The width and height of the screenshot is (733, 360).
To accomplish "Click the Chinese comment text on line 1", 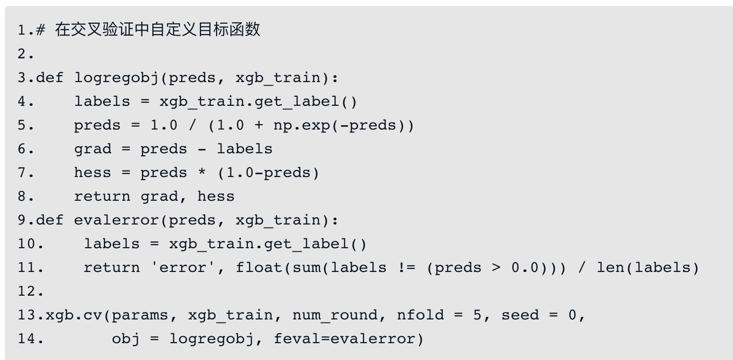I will [x=157, y=30].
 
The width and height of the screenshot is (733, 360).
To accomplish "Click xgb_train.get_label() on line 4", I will [x=257, y=102].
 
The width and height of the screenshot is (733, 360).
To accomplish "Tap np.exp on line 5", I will [x=302, y=126].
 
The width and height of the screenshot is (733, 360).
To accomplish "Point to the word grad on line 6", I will [x=92, y=149].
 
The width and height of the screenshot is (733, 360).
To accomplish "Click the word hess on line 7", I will [x=92, y=173].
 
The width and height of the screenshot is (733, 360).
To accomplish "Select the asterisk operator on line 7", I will [x=202, y=173].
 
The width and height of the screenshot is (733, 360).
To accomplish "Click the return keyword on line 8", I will [x=102, y=197].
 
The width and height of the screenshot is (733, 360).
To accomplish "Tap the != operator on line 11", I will [x=407, y=268].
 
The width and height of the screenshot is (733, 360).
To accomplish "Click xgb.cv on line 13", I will [x=74, y=315].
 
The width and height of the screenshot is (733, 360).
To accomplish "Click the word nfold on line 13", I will [x=420, y=315].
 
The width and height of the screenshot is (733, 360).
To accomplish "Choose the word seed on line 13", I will [x=520, y=315].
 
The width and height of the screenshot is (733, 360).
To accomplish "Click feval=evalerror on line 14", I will [x=349, y=339].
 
